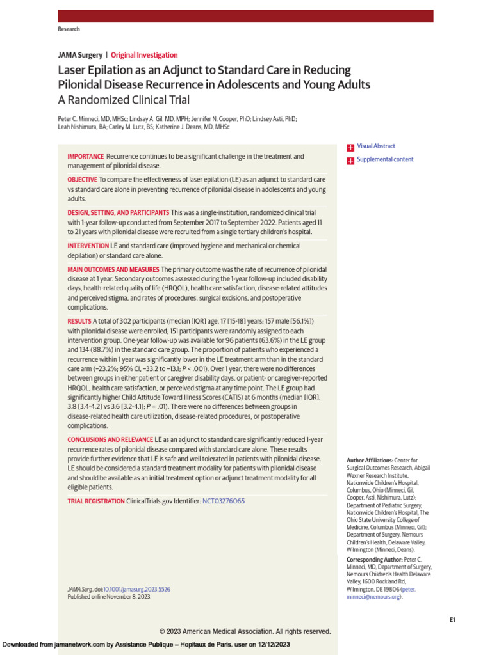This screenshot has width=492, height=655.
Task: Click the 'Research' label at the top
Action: (69, 29)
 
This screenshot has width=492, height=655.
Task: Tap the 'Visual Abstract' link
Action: (376, 146)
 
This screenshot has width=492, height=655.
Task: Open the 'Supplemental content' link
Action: (385, 160)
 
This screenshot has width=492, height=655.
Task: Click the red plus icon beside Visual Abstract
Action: (350, 147)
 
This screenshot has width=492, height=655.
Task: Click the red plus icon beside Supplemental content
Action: (350, 161)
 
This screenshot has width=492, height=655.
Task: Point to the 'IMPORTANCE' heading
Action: (85, 157)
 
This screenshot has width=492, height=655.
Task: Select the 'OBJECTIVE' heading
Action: (83, 180)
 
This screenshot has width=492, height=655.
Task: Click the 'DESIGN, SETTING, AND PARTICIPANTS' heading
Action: (119, 212)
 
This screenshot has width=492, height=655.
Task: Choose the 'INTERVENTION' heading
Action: (88, 246)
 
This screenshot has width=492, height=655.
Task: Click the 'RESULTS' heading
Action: (79, 320)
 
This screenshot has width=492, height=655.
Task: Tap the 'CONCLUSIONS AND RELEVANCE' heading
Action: (110, 440)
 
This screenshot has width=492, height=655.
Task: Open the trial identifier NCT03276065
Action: (223, 501)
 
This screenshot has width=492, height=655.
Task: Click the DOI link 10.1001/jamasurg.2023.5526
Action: (136, 589)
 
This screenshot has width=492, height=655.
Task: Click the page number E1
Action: (452, 620)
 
